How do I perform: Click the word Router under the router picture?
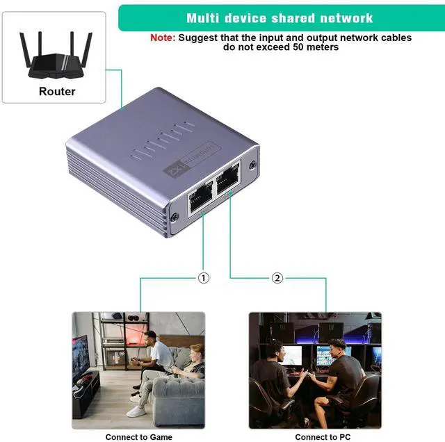click(57, 91)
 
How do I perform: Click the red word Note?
click(163, 38)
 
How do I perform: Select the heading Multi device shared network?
click(280, 18)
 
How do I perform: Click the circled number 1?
click(203, 278)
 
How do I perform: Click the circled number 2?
click(277, 278)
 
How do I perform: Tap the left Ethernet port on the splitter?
click(199, 194)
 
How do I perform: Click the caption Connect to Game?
click(138, 436)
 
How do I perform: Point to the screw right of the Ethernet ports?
click(252, 165)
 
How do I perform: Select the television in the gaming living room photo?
click(81, 361)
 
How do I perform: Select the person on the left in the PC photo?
click(273, 379)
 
